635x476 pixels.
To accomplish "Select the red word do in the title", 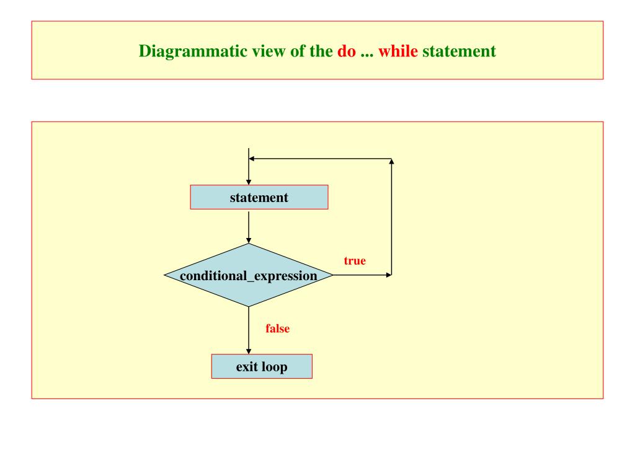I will click(x=346, y=51).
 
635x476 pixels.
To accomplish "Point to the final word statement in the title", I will click(x=459, y=51).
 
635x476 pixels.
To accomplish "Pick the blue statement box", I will click(x=259, y=198).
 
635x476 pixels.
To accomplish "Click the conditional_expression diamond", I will click(x=248, y=275).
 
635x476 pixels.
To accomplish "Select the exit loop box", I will click(x=262, y=366).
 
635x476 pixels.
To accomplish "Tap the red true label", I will click(x=355, y=261).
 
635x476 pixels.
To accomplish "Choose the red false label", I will click(x=277, y=329).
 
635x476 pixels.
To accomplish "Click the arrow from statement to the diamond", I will click(x=248, y=226).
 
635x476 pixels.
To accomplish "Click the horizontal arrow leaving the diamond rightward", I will click(x=363, y=275).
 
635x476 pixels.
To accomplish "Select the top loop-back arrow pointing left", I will click(x=319, y=159).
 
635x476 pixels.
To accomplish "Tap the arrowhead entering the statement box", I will click(x=248, y=182).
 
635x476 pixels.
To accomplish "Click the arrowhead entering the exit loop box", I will click(x=248, y=351).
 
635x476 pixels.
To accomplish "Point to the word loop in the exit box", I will click(x=273, y=366).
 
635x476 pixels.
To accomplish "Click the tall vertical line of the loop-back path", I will click(x=392, y=217).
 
